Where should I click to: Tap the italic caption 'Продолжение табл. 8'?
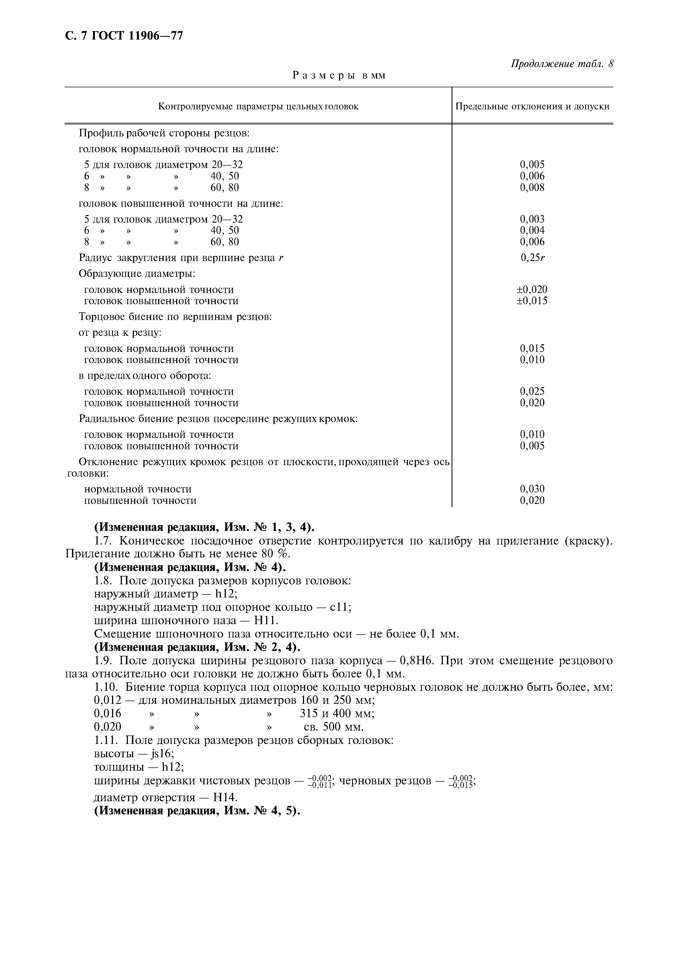click(x=562, y=64)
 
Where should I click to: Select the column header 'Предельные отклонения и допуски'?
click(x=532, y=106)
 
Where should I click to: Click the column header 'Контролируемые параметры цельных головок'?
click(x=258, y=106)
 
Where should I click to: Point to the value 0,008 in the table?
click(x=532, y=188)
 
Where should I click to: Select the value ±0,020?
click(x=532, y=289)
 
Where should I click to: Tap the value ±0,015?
click(x=532, y=301)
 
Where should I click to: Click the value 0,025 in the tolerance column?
click(x=532, y=391)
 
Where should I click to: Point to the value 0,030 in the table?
click(x=532, y=489)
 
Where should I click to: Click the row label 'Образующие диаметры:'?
click(x=137, y=274)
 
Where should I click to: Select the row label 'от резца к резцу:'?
click(x=120, y=333)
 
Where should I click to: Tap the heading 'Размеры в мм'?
click(x=339, y=76)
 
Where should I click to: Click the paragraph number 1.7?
click(x=104, y=541)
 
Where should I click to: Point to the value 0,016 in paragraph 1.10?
click(x=107, y=714)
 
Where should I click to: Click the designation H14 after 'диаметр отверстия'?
click(x=225, y=798)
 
